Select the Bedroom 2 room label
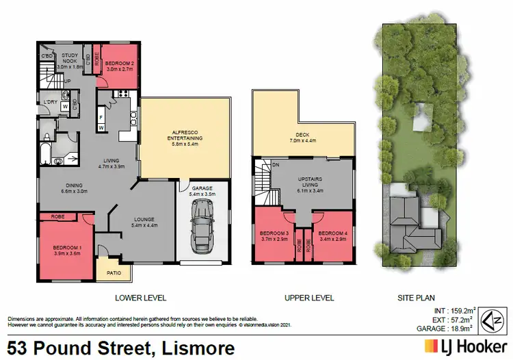click(119, 64)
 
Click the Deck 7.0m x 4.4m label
click(304, 138)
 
